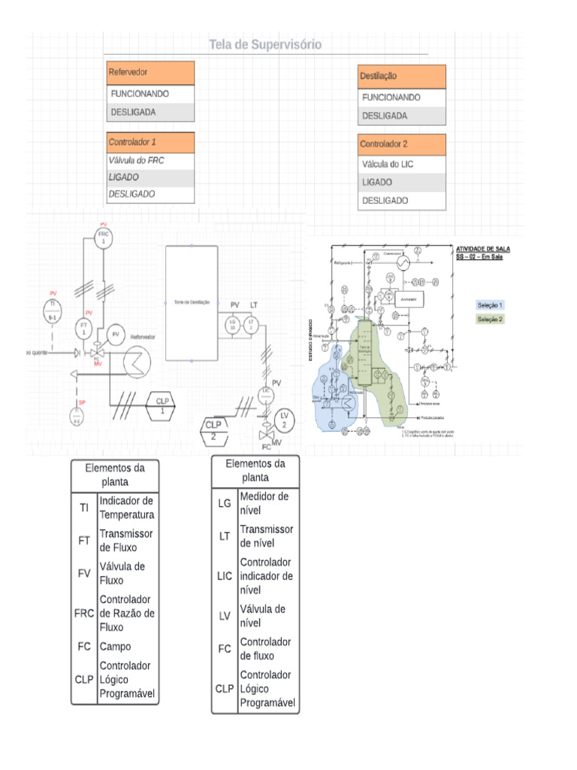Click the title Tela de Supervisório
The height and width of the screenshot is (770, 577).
pos(265,45)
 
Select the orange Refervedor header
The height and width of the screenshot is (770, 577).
pos(151,73)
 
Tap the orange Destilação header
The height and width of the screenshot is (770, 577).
pos(402,77)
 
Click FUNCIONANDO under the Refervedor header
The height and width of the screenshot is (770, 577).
pos(151,95)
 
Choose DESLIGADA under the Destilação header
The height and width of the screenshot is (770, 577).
pos(402,117)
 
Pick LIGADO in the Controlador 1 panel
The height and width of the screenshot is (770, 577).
pos(151,177)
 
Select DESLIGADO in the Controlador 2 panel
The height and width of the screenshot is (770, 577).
pos(402,201)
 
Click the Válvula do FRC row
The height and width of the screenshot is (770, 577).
pos(151,160)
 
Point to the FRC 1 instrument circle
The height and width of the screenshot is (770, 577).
pos(104,238)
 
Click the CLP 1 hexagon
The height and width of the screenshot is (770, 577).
pos(162,405)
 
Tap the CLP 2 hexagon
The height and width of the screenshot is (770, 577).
pos(213,430)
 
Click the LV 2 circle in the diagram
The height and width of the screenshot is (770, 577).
pos(284,419)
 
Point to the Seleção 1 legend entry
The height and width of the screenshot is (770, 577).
pos(491,305)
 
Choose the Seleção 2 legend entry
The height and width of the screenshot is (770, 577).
pos(491,319)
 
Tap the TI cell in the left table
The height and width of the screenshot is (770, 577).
pos(84,508)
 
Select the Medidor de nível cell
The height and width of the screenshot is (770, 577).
pos(267,503)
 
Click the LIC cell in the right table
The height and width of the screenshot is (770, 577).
pos(225,575)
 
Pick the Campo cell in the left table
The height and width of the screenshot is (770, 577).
pos(126,646)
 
